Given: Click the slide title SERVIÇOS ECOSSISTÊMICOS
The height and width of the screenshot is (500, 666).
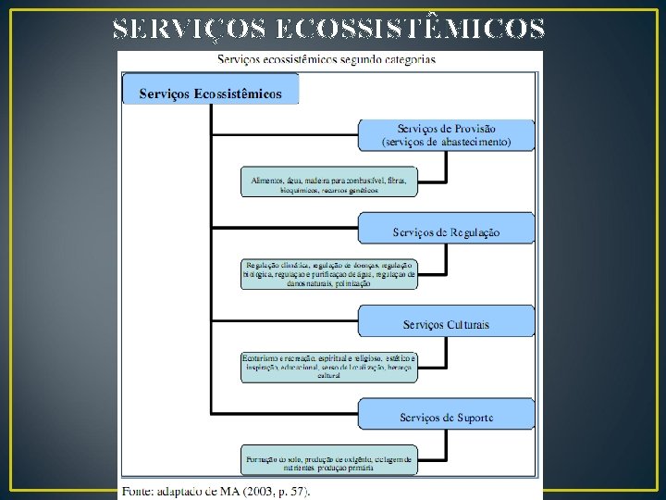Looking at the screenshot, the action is click(x=328, y=31).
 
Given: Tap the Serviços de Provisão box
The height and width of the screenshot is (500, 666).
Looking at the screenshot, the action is click(x=446, y=135).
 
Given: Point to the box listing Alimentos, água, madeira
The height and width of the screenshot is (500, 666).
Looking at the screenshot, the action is click(x=329, y=181).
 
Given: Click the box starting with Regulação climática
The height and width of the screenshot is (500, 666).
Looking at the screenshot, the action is click(x=329, y=274).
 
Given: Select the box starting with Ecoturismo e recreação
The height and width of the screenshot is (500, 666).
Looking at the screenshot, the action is click(x=329, y=367).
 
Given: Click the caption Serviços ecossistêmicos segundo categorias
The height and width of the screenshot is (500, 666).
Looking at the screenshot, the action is click(x=327, y=59).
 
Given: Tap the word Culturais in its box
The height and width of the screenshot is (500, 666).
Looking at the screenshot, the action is click(x=467, y=325).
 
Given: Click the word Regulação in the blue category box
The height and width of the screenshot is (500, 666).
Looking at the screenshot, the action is click(x=474, y=232).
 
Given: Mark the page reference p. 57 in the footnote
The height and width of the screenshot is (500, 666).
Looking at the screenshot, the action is click(x=293, y=491).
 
